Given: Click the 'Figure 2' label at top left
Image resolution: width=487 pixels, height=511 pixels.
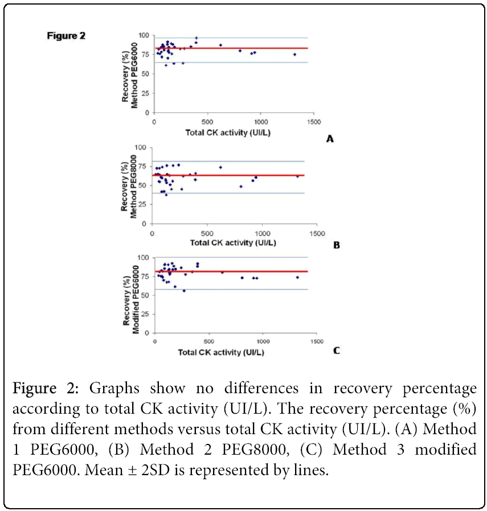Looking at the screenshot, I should point(66,35).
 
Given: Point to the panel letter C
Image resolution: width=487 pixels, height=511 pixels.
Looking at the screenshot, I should point(336,351).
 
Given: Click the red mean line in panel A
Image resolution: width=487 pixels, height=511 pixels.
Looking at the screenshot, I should point(256,48).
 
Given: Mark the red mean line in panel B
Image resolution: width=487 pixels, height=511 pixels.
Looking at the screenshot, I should point(256,175).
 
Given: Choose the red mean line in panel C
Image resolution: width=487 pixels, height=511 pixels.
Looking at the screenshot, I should point(256,271).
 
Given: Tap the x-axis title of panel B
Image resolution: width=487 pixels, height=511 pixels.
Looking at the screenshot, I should point(233,243).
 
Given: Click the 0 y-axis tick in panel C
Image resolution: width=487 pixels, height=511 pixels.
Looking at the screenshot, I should point(146,333).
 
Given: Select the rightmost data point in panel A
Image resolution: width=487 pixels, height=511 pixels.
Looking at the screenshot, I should point(294,55).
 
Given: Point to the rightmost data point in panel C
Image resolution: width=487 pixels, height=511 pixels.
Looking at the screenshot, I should point(297,277).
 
